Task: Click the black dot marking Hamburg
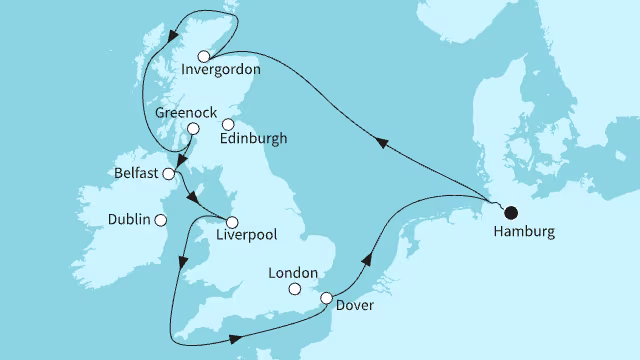(511, 212)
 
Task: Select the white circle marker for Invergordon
(205, 56)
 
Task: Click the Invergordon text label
(222, 70)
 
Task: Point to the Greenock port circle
(193, 128)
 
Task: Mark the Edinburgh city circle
(228, 125)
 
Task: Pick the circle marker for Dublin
(160, 219)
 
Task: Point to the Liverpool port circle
(232, 221)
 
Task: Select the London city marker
(294, 290)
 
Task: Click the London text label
(294, 273)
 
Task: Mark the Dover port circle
(326, 297)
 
